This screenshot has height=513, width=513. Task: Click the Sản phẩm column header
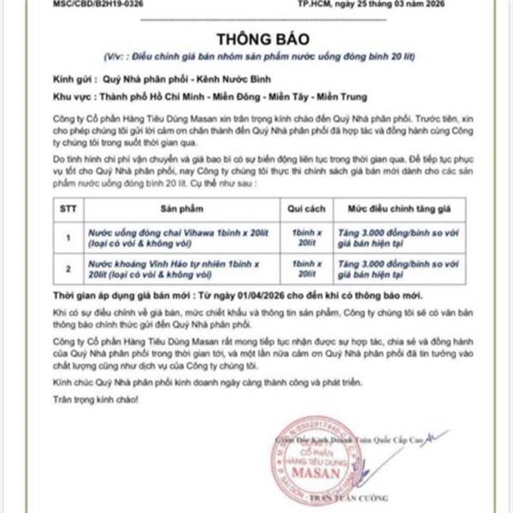[x=180, y=209]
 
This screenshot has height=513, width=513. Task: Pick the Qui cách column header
[x=304, y=209]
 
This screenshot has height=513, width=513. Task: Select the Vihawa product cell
[x=180, y=236]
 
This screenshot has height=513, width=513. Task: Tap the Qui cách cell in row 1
[x=304, y=236]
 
